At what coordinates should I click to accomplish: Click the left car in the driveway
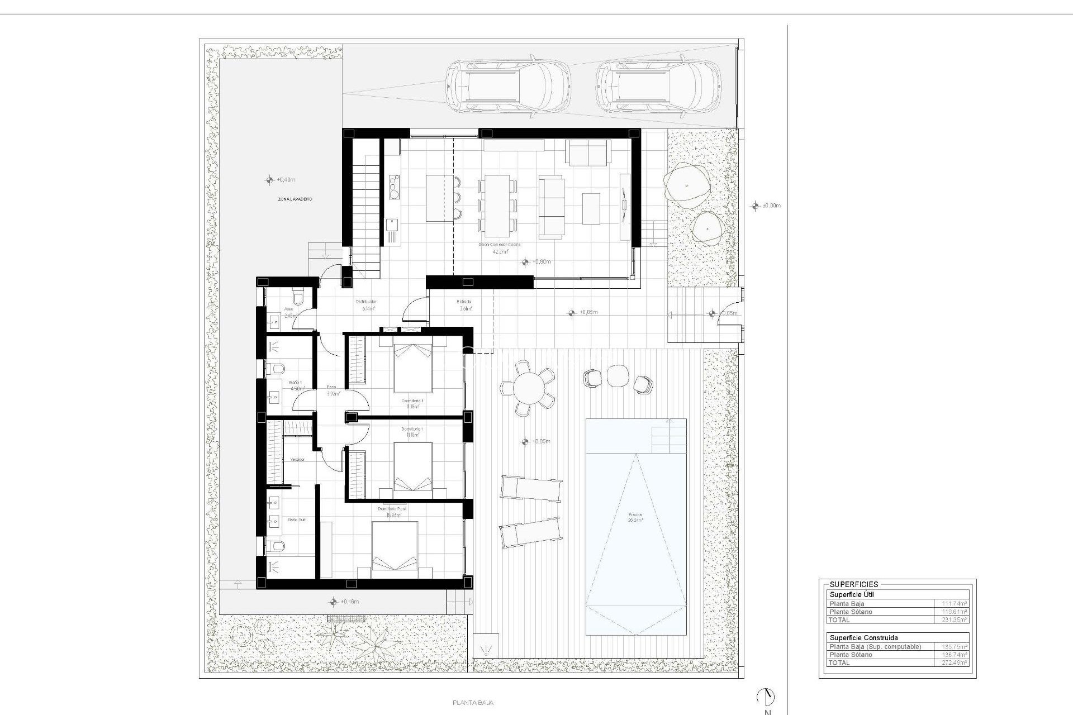click(507, 87)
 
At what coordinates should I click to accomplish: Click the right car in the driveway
click(658, 87)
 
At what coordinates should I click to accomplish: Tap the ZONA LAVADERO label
click(295, 199)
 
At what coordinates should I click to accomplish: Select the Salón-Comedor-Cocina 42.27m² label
click(500, 248)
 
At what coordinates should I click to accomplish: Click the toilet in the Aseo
click(297, 297)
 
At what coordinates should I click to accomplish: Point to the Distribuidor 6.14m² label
click(366, 305)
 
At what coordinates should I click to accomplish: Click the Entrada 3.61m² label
click(465, 305)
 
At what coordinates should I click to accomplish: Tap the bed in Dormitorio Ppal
click(395, 550)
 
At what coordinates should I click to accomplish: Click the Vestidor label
click(297, 459)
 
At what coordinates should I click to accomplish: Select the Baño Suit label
click(296, 519)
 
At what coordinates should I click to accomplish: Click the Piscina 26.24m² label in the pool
click(635, 517)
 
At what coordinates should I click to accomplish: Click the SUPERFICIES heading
click(853, 584)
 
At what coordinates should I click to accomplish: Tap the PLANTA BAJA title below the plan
click(473, 703)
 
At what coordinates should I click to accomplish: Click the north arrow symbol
click(766, 697)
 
